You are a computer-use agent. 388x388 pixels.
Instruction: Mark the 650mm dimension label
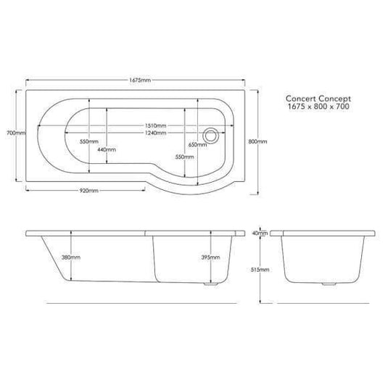click(197, 144)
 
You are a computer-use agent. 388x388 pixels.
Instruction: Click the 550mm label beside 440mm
click(89, 142)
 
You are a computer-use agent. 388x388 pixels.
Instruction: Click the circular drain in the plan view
click(212, 133)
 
